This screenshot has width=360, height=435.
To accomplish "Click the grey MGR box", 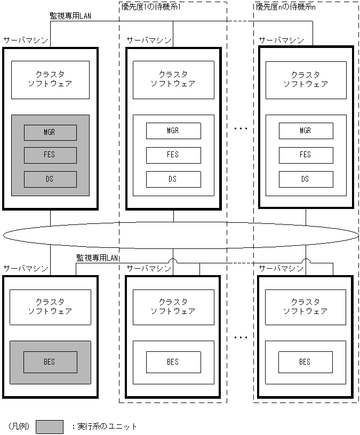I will pos(50,132).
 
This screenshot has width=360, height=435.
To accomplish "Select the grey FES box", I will pos(50,155).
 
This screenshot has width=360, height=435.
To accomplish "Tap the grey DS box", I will pos(50,179).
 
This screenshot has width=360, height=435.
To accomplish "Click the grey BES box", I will pos(50,362).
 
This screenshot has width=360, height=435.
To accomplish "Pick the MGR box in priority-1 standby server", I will pos(173,131).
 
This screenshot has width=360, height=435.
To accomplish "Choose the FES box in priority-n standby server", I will pos(306,155).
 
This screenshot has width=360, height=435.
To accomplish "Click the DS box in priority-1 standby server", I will pos(173,179).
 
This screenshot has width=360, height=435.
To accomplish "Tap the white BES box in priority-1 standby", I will pos(173,362).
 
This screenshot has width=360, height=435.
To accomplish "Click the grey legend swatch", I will pos(50,426).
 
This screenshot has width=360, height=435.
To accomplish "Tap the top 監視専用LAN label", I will pos(70,16).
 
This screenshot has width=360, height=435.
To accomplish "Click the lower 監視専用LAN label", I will pos(98,258).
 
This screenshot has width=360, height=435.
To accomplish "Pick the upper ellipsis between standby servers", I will pos(241,129).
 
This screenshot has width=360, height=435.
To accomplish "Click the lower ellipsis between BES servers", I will pos(241,337).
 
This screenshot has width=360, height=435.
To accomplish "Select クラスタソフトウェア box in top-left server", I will pos(50,79).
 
